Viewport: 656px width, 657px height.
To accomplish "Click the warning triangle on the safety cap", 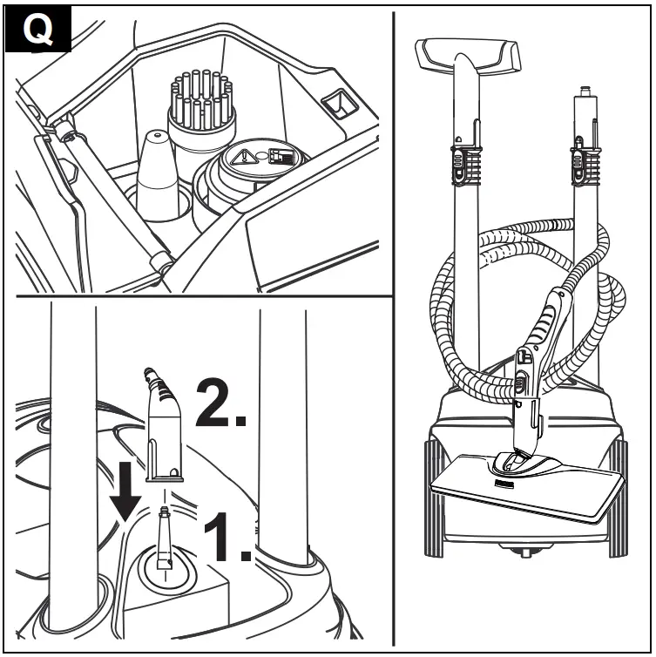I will click(244, 158).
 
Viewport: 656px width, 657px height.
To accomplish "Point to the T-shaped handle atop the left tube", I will click(467, 58).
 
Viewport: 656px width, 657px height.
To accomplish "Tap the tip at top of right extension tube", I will click(584, 90).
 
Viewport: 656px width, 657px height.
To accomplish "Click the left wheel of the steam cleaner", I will click(434, 498).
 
